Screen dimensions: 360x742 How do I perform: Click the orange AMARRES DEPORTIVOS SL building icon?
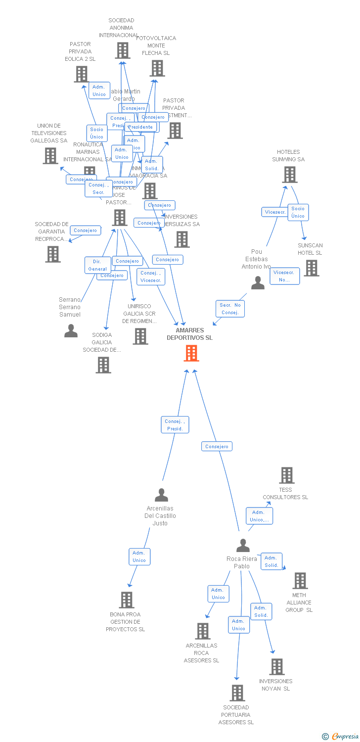pyautogui.click(x=191, y=353)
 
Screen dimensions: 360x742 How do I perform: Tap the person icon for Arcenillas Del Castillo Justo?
pyautogui.click(x=161, y=495)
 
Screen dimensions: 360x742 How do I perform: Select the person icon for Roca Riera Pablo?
pyautogui.click(x=243, y=546)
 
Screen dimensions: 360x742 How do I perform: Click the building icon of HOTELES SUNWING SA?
pyautogui.click(x=290, y=175)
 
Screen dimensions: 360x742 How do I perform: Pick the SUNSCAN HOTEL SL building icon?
pyautogui.click(x=311, y=268)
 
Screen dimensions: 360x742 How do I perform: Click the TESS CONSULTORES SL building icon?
pyautogui.click(x=287, y=475)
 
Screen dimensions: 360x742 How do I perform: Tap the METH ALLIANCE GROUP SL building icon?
pyautogui.click(x=300, y=581)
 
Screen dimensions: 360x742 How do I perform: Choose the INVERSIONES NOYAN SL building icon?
pyautogui.click(x=277, y=667)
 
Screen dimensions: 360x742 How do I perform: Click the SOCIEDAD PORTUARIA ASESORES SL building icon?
pyautogui.click(x=237, y=693)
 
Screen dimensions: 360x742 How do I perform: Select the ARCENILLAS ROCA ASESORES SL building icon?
pyautogui.click(x=203, y=631)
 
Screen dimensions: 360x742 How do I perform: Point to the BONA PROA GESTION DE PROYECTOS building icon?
pyautogui.click(x=127, y=600)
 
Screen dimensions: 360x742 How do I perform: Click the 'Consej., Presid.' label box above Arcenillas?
pyautogui.click(x=175, y=425)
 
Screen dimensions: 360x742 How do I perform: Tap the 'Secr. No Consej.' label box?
pyautogui.click(x=230, y=309)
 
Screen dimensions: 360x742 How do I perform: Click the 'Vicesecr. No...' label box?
pyautogui.click(x=284, y=276)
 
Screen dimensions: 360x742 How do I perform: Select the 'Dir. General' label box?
pyautogui.click(x=97, y=265)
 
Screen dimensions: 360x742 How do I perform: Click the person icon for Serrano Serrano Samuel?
pyautogui.click(x=71, y=331)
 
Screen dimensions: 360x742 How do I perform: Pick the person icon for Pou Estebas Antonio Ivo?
pyautogui.click(x=258, y=283)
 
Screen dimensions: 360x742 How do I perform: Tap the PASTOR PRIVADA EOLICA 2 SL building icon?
pyautogui.click(x=82, y=74)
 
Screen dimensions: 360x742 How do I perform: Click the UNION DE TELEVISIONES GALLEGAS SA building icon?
pyautogui.click(x=50, y=156)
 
